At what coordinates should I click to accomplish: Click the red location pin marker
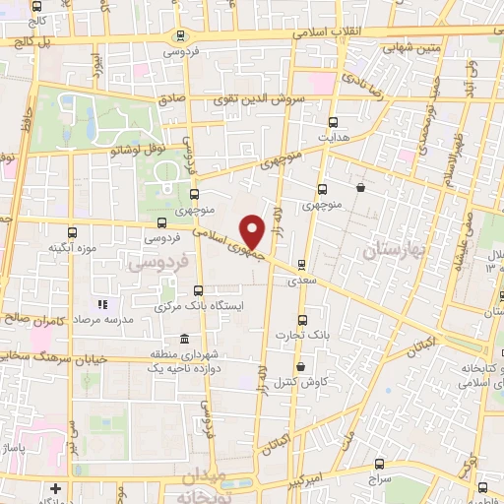(253, 231)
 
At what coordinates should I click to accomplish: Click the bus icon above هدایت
(333, 122)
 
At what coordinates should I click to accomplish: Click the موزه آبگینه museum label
(44, 247)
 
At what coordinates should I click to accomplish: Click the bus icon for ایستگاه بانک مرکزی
(200, 290)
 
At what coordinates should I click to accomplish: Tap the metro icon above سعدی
(301, 263)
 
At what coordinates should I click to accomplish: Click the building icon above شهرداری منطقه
(184, 340)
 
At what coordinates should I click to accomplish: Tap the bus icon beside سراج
(380, 463)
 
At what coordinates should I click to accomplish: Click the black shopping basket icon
(361, 187)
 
